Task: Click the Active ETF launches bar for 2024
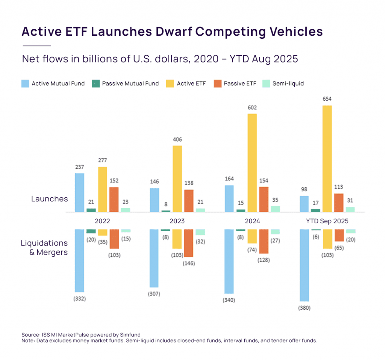click(x=252, y=163)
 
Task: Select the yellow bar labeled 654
click(x=327, y=159)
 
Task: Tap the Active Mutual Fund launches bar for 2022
click(x=80, y=192)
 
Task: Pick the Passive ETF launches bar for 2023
click(x=189, y=201)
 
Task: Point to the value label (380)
click(x=305, y=308)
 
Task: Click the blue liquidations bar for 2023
click(x=155, y=258)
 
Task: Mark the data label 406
click(x=177, y=140)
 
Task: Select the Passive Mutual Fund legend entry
click(x=130, y=83)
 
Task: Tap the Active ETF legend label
click(x=191, y=83)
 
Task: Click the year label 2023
click(x=177, y=221)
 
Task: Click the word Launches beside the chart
click(x=49, y=199)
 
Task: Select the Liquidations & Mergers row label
click(x=44, y=248)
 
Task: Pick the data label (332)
click(x=80, y=299)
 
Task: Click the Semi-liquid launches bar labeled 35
click(x=276, y=209)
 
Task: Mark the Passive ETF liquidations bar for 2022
click(x=114, y=239)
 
